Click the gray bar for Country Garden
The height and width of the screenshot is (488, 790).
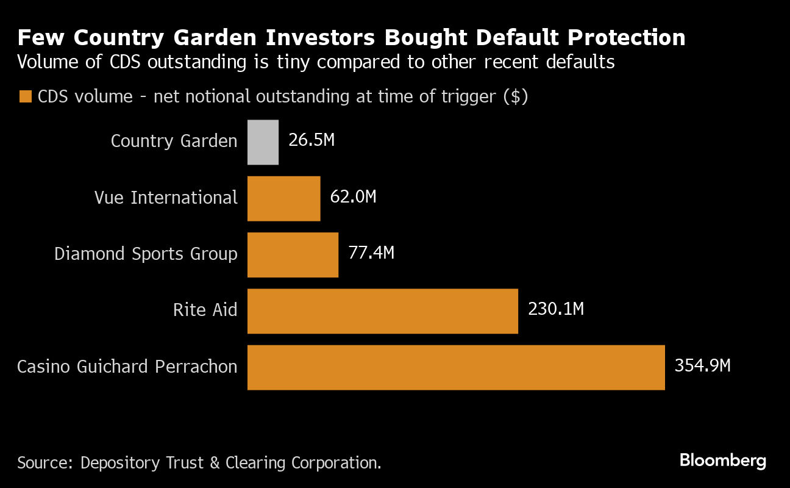tap(263, 142)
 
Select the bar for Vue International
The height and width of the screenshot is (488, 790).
tap(283, 198)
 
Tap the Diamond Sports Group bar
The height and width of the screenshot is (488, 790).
tap(293, 254)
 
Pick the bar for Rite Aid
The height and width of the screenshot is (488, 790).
tap(382, 311)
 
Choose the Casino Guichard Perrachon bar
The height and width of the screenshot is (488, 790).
tap(455, 367)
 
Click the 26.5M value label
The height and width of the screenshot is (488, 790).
tap(311, 140)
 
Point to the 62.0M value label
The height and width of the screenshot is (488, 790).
tap(353, 197)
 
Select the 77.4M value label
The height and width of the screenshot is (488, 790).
tap(371, 253)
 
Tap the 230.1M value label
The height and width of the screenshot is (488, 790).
tap(556, 309)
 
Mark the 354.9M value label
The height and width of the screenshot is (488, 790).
tap(702, 366)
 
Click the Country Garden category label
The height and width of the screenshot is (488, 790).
tap(174, 142)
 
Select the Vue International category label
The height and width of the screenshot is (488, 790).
tap(166, 198)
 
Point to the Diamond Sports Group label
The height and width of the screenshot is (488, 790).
tap(146, 254)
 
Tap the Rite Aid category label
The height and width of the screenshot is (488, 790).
tap(205, 310)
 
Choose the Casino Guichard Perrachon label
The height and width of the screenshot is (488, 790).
tap(127, 367)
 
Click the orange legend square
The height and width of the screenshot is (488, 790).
tap(26, 96)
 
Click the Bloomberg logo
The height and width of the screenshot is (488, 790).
tap(722, 461)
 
